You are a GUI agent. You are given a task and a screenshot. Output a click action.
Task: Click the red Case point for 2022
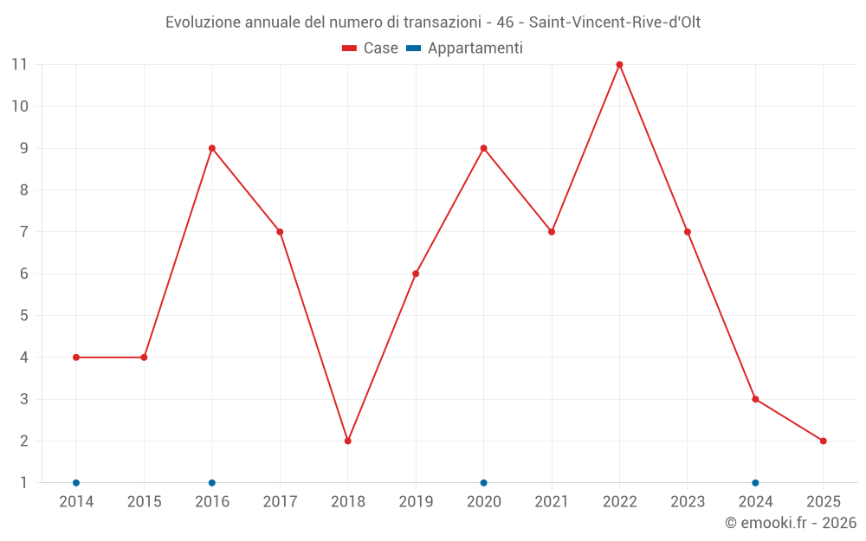(x=619, y=64)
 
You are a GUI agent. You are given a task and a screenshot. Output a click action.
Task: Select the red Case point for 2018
(x=347, y=441)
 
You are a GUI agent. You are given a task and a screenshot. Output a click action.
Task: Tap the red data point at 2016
(x=212, y=148)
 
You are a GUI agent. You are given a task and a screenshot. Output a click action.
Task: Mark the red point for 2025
(x=823, y=441)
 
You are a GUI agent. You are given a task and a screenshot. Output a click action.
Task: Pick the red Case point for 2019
(x=416, y=274)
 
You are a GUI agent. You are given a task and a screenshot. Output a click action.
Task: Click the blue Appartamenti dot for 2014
(x=76, y=482)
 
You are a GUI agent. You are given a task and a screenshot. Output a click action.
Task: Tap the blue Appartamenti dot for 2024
(x=755, y=482)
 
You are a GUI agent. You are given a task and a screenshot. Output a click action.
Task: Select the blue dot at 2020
(x=483, y=482)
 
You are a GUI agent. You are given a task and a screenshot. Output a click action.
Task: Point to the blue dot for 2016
(x=212, y=482)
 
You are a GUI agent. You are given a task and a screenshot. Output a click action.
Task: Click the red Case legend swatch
(x=350, y=48)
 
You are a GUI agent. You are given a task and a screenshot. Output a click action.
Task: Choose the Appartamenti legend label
(x=475, y=48)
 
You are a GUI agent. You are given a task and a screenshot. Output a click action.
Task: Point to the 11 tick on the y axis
(x=19, y=64)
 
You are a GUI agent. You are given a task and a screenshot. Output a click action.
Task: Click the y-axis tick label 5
(x=23, y=315)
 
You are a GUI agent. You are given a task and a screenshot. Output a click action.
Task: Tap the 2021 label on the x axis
(x=552, y=502)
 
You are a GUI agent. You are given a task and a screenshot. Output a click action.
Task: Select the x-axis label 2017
(x=280, y=502)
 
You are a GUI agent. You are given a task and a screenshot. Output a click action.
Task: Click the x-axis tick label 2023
(x=688, y=502)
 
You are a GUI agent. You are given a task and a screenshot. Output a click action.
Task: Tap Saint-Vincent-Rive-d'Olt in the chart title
(x=614, y=23)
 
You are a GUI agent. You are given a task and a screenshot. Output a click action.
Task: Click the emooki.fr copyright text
(x=791, y=523)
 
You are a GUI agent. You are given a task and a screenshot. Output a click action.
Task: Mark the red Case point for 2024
(x=755, y=399)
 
